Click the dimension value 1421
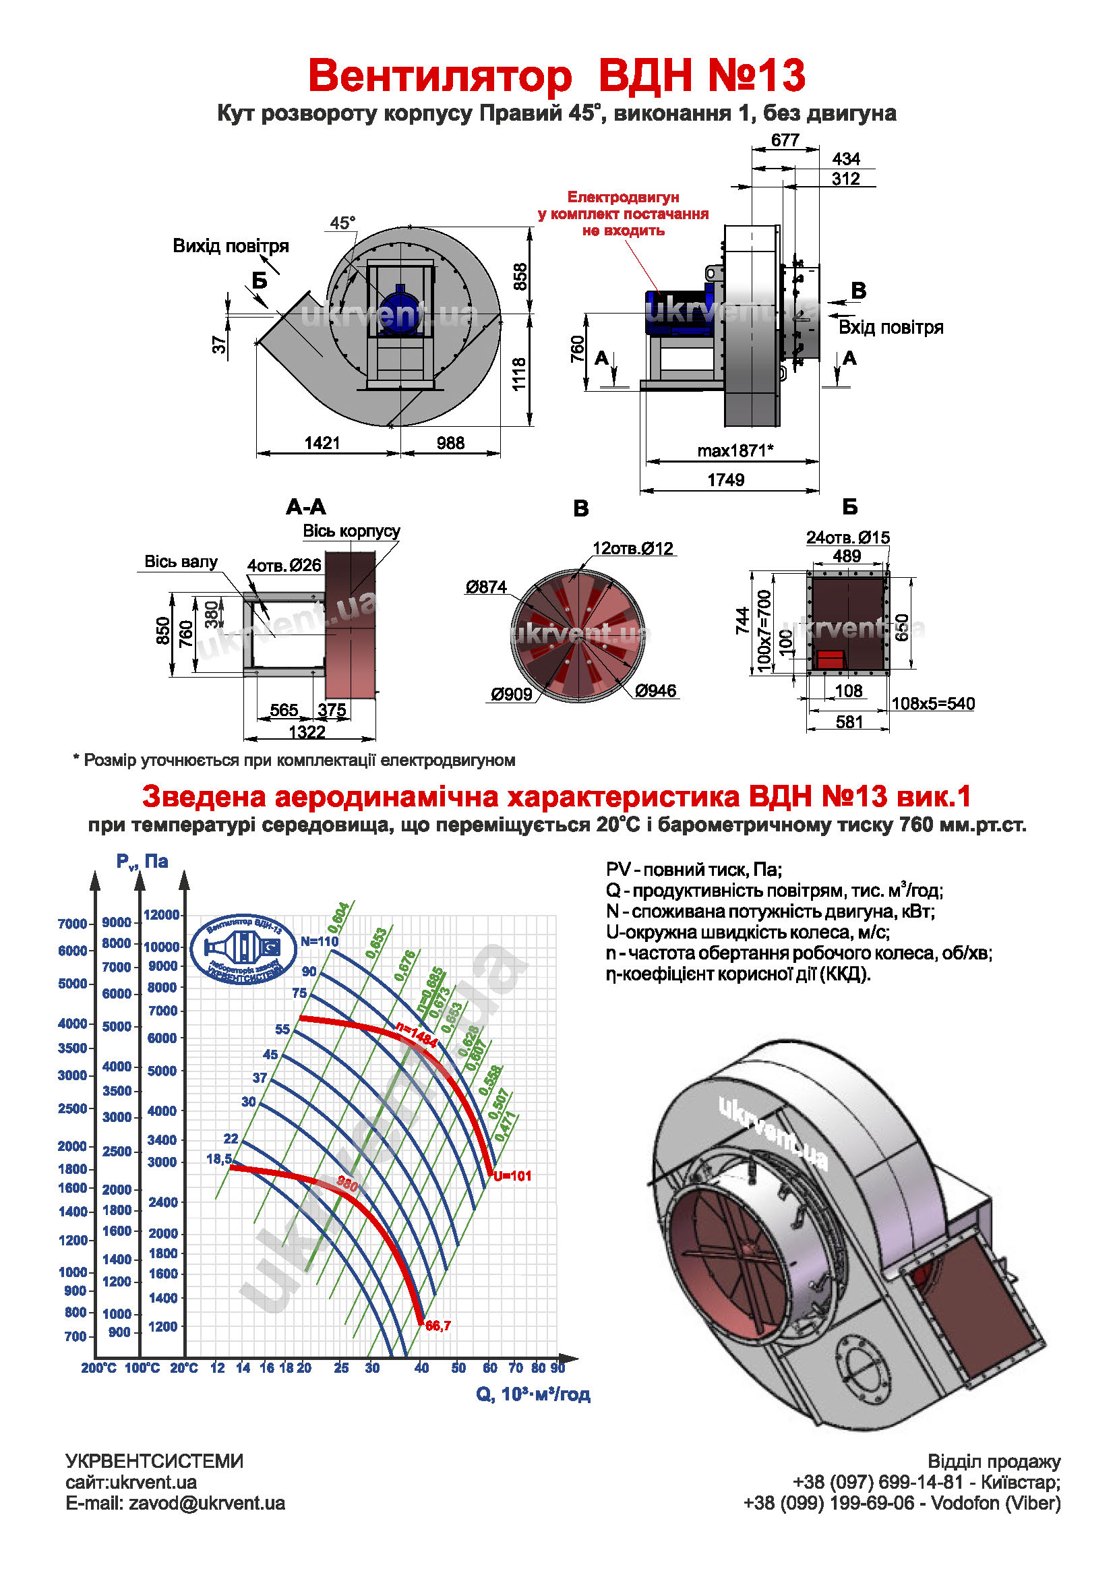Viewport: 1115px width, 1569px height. click(x=322, y=443)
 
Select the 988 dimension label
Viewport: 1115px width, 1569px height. click(x=450, y=443)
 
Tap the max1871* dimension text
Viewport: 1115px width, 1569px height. click(x=735, y=450)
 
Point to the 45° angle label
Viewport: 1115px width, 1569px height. click(x=342, y=223)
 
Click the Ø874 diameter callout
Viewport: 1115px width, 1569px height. click(x=486, y=587)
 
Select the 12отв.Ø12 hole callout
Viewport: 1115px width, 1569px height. click(x=633, y=549)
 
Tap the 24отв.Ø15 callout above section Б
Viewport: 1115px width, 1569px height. click(x=848, y=537)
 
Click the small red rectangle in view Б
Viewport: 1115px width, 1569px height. click(x=830, y=659)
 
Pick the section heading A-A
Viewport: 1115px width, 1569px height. click(x=305, y=508)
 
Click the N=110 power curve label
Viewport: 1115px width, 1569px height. click(x=320, y=941)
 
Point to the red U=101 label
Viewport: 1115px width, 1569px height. click(x=513, y=1176)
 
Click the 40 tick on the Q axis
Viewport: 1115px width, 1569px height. click(x=421, y=1368)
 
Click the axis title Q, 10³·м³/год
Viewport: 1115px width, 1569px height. click(x=533, y=1394)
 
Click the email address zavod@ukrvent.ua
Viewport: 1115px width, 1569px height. click(x=207, y=1503)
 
